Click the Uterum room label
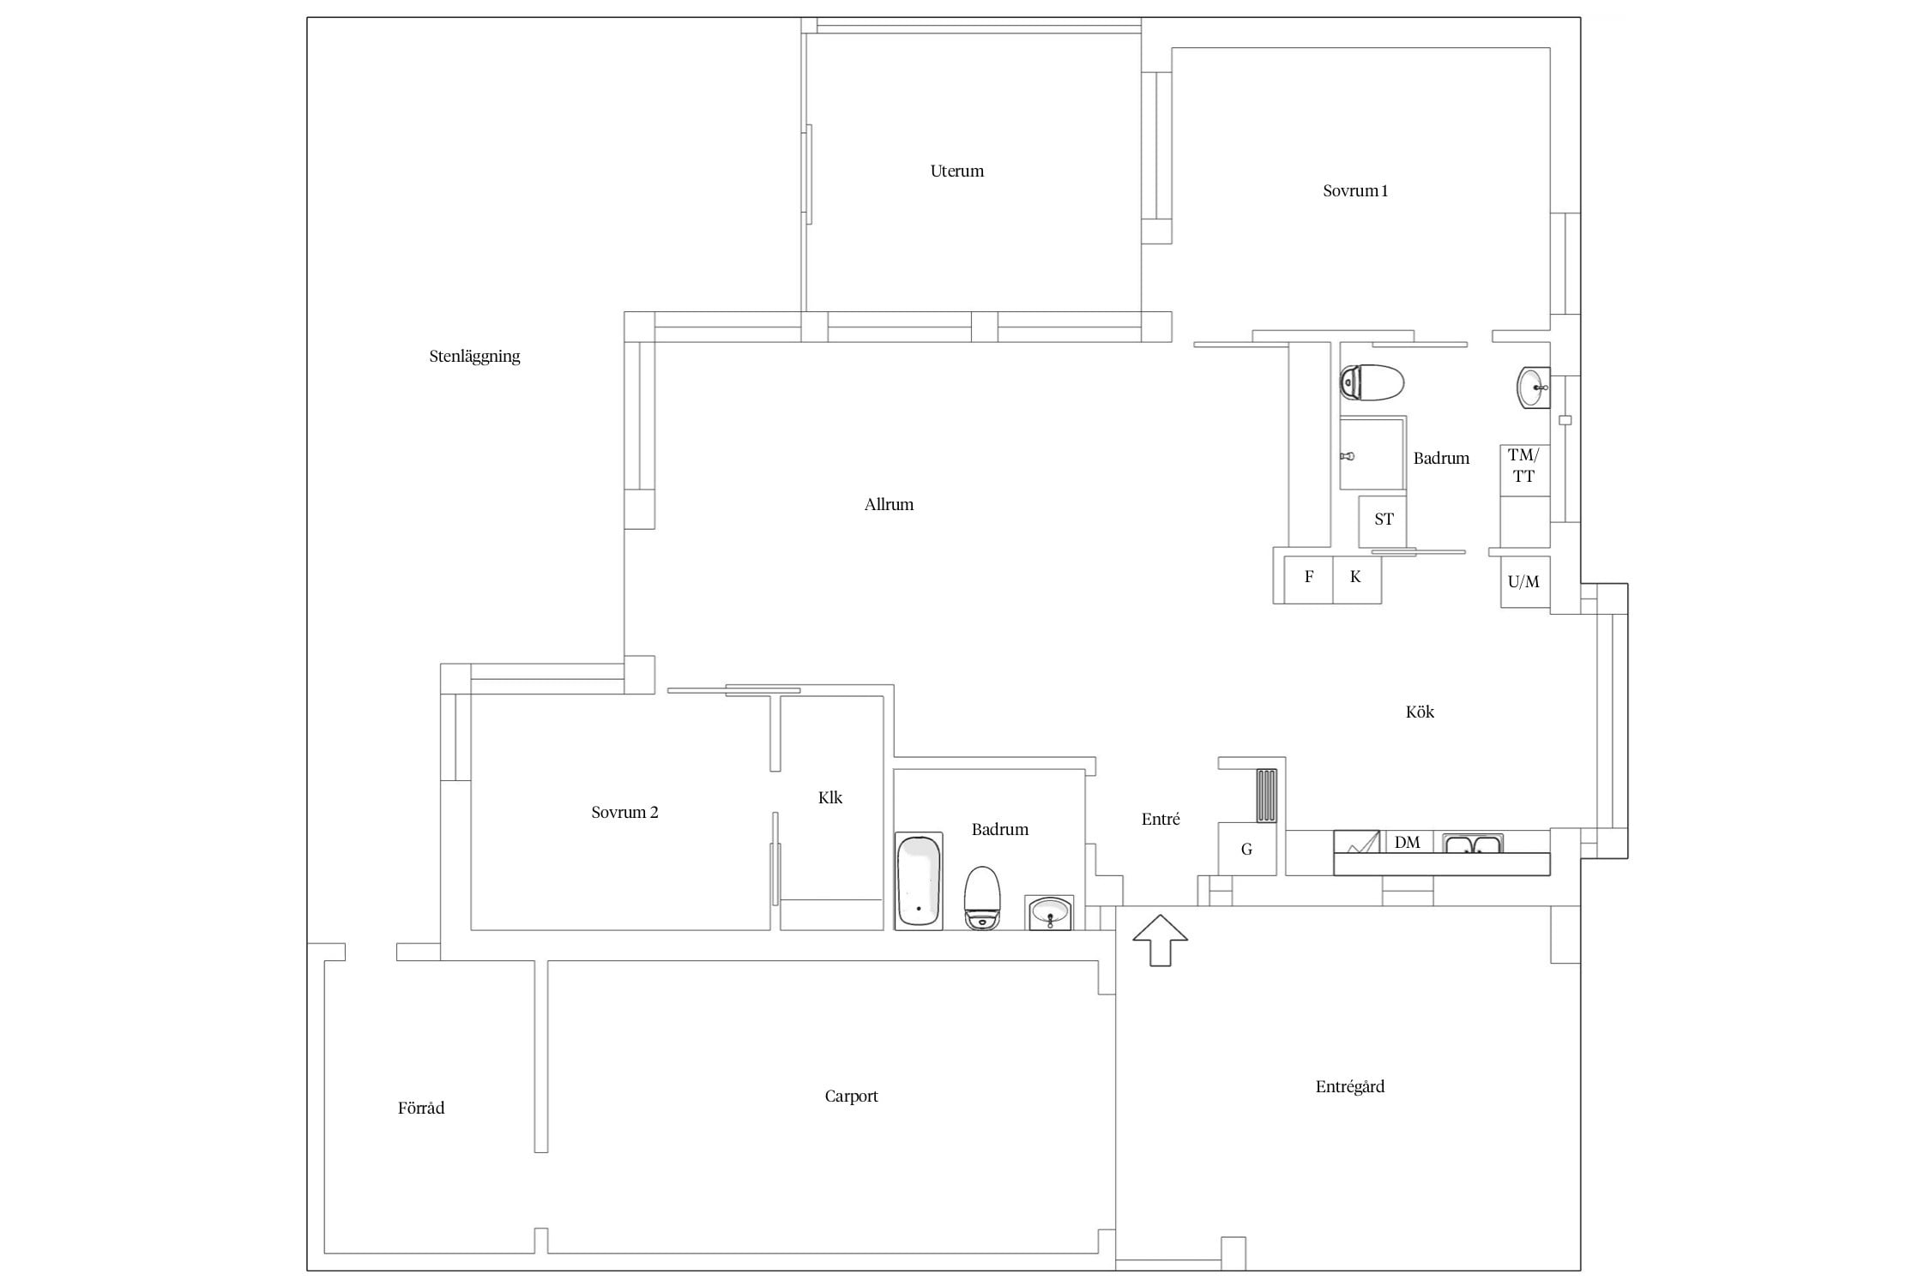956,171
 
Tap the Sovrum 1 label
1355,190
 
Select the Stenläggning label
474,356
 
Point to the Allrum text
889,504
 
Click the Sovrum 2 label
624,812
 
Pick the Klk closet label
830,797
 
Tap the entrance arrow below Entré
1160,940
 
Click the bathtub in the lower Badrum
919,880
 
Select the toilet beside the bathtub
983,898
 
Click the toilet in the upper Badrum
1372,382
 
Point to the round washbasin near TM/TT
1534,388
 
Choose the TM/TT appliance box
1524,470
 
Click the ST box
1383,520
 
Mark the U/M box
1525,582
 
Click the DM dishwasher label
1408,842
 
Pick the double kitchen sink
1472,844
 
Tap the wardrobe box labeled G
1247,849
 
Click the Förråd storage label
421,1108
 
